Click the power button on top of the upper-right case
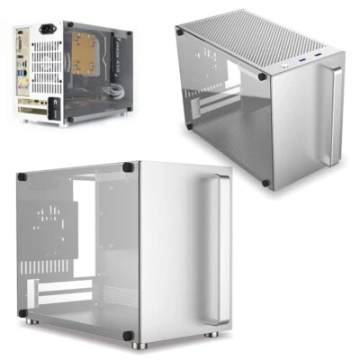point(285,65)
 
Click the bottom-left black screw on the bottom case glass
point(24,313)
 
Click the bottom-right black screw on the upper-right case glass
point(265,183)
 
